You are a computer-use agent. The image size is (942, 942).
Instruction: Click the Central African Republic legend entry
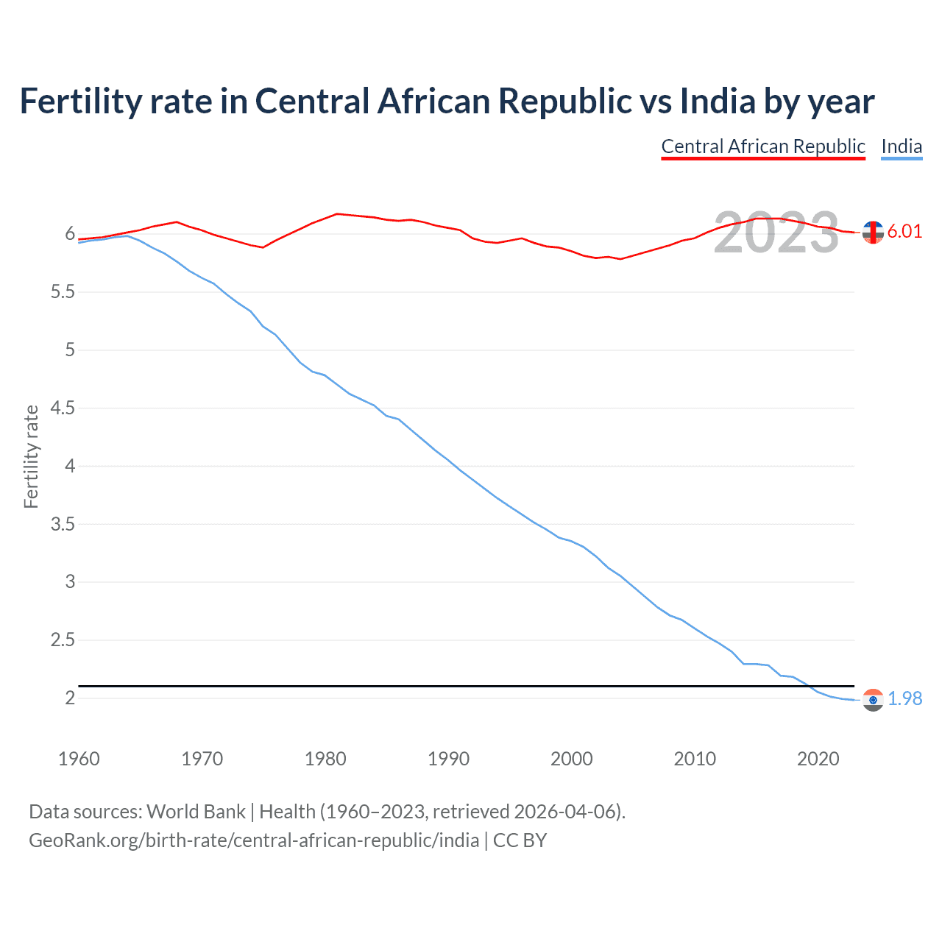pos(762,146)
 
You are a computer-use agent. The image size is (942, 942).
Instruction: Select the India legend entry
pos(902,146)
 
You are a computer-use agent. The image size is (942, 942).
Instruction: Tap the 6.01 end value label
pos(904,231)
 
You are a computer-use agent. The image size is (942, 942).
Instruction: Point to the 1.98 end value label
pos(904,698)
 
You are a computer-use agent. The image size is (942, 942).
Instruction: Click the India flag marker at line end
pos(873,700)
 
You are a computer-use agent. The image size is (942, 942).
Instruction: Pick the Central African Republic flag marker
pos(873,233)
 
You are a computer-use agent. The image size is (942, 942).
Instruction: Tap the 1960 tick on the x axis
pos(79,759)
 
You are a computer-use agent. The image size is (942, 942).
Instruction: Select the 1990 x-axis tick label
pos(448,759)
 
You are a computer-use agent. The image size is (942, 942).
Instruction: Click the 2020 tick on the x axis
pos(818,759)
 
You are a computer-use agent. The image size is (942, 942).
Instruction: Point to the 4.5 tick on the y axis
pos(63,408)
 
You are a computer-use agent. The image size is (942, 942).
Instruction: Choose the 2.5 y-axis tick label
pos(63,640)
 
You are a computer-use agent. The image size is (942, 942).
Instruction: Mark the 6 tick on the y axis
pos(71,234)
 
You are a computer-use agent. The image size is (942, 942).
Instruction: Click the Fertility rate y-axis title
pos(31,456)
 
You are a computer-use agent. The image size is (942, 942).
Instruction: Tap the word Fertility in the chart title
pos(79,101)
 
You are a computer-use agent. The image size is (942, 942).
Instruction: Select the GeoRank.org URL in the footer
pos(254,840)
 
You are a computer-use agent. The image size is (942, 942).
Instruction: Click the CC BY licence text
pos(520,840)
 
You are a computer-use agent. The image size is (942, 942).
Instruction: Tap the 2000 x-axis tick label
pos(571,759)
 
